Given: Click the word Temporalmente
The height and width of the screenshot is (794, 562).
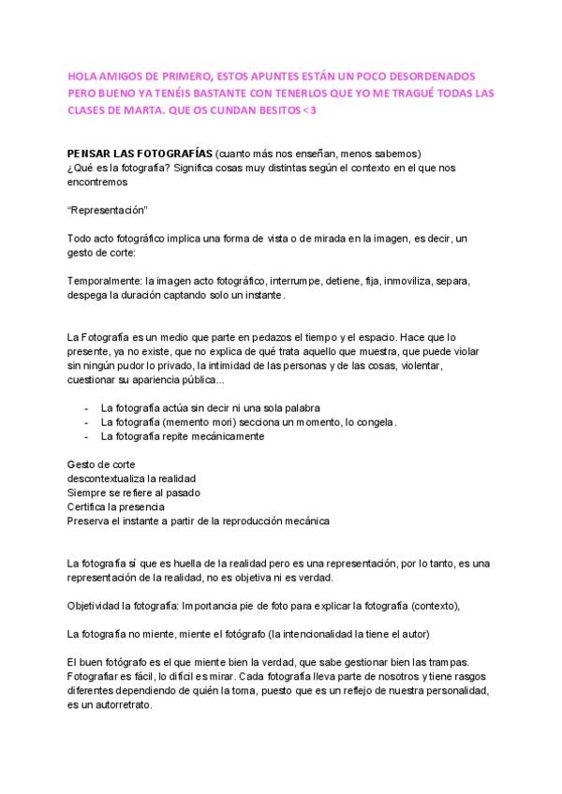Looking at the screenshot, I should [x=101, y=281].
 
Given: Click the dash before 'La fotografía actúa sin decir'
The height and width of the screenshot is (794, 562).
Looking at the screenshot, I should [x=87, y=408].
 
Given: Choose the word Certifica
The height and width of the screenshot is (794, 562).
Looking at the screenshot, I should [x=87, y=506].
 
